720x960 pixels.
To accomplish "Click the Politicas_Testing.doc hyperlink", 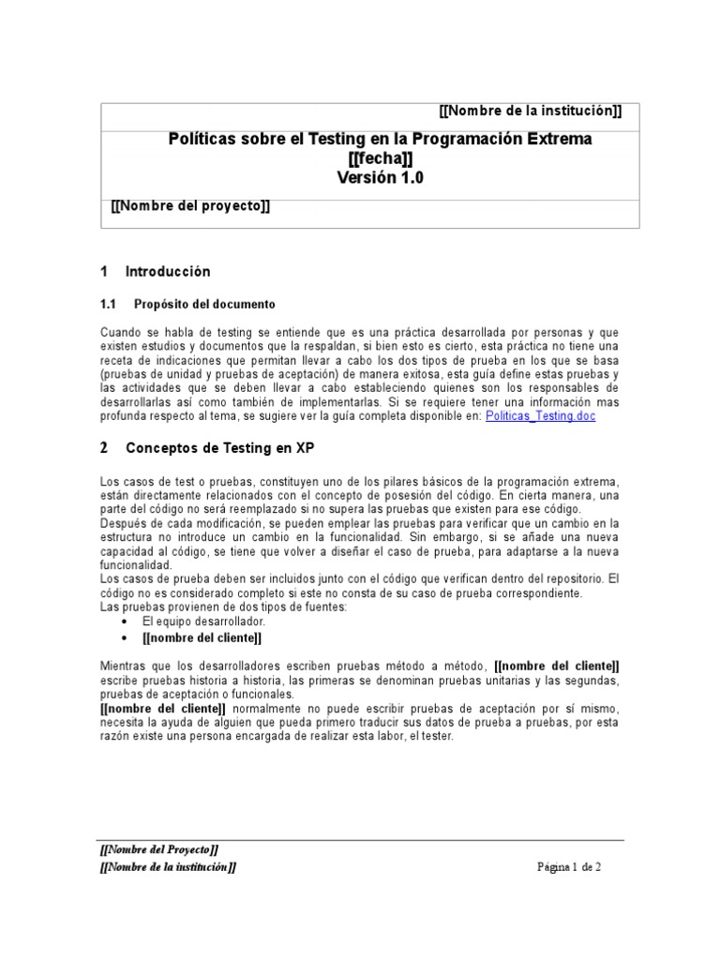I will tap(540, 415).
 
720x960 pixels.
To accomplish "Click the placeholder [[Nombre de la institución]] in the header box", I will tap(530, 112).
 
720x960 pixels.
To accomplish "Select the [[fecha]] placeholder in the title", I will tap(380, 158).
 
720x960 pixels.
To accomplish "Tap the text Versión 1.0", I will tap(380, 178).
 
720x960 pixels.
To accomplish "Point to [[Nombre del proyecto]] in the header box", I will tap(190, 206).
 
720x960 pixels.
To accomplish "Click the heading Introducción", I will tap(168, 272).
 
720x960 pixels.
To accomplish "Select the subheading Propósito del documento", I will tap(204, 305).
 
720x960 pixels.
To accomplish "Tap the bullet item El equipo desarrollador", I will tap(203, 622).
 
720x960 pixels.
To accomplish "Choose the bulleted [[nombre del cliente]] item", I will tap(202, 637).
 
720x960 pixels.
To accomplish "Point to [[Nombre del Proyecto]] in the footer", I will tap(159, 850).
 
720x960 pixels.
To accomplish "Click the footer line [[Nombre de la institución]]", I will tap(168, 867).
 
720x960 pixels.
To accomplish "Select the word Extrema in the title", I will tap(559, 139).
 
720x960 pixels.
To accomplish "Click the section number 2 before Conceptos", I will tap(104, 448).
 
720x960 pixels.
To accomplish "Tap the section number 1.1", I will tap(107, 305).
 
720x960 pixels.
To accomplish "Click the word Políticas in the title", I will tap(200, 139).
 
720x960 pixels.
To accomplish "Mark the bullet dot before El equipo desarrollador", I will tap(127, 622).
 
